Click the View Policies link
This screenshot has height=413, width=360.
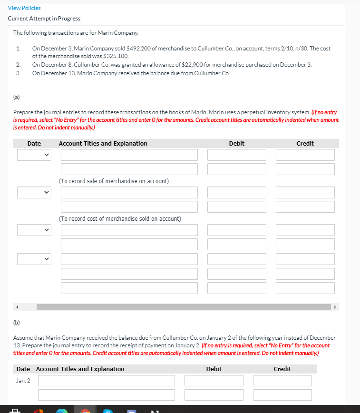click(24, 8)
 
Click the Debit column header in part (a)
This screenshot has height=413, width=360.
click(236, 143)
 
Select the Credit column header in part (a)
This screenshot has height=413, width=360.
click(305, 143)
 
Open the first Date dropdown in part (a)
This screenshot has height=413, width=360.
click(34, 155)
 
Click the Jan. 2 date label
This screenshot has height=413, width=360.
click(23, 380)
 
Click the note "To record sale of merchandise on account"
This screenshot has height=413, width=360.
click(114, 181)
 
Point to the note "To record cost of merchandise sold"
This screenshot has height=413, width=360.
click(119, 218)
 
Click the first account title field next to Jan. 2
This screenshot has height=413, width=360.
click(107, 381)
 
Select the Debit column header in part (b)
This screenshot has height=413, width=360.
click(214, 369)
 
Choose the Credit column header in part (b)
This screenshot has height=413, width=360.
click(282, 369)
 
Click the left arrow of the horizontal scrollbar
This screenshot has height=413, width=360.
click(19, 307)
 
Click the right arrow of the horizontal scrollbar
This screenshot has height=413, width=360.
click(336, 307)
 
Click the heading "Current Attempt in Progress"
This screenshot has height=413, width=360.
click(44, 19)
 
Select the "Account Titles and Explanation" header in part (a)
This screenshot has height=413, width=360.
click(103, 143)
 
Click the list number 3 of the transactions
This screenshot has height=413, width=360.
click(18, 73)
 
